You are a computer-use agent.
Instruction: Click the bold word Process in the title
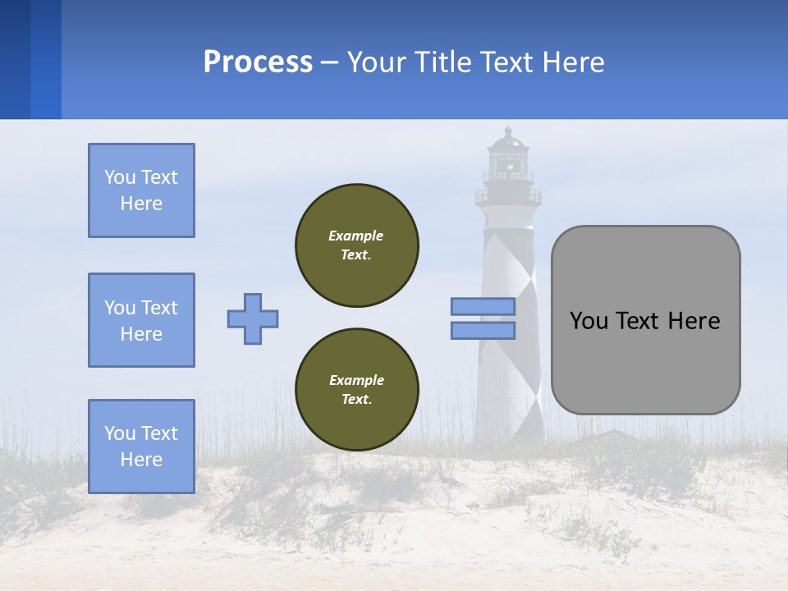(258, 62)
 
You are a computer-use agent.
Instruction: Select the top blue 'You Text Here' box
(141, 190)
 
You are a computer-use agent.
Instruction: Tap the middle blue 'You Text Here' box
(141, 320)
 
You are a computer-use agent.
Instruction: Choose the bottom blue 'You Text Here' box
(141, 447)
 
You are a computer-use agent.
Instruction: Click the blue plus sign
(253, 318)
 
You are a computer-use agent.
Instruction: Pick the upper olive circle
(357, 245)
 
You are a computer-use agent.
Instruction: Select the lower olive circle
(357, 390)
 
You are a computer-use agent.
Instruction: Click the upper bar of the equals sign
(483, 306)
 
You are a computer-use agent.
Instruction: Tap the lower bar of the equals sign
(483, 330)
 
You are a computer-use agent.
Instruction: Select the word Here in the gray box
(694, 321)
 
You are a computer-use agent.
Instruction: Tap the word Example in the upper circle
(356, 236)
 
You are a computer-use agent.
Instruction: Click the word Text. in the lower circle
(356, 400)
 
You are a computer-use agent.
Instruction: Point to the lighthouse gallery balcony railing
(508, 197)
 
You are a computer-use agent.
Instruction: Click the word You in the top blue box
(119, 177)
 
